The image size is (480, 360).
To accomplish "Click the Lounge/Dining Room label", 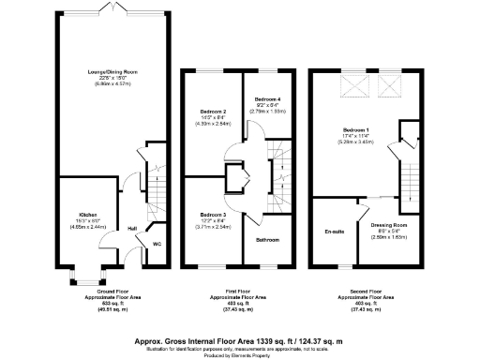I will click(107, 71).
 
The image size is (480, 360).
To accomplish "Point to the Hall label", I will click(132, 228).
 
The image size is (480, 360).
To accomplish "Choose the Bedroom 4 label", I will click(267, 98).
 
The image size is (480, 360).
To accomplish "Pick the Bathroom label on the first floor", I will click(268, 240).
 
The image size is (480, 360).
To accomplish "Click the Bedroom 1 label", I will click(354, 130).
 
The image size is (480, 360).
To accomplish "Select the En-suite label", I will click(332, 231).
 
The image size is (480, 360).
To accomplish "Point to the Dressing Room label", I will click(388, 226).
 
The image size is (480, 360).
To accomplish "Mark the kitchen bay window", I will click(83, 277).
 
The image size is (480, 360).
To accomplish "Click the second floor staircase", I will click(409, 169).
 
